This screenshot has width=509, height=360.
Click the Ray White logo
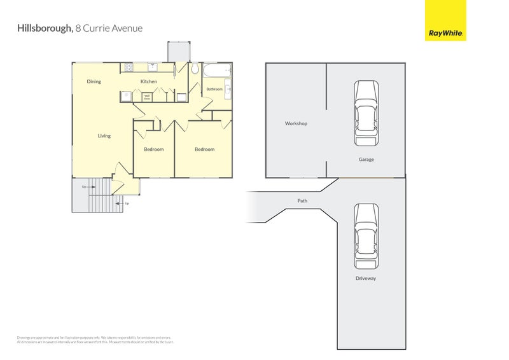point(445,20)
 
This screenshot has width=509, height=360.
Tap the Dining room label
point(94,81)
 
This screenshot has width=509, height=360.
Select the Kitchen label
point(148,81)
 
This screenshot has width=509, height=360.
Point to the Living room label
point(104,135)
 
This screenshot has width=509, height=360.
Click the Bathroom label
point(214,89)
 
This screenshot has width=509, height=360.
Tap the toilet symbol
point(195,69)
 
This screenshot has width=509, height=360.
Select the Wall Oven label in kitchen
point(146,97)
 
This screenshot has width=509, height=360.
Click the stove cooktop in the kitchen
point(128,67)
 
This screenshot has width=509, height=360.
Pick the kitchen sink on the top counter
point(153,67)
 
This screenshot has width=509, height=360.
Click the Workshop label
point(296,123)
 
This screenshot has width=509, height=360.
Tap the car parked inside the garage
point(366,113)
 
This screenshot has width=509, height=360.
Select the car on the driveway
point(366,236)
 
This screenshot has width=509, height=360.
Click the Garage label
point(366,160)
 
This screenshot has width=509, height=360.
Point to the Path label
point(302,201)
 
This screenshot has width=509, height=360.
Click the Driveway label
point(366,279)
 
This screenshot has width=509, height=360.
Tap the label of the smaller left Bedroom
point(153,149)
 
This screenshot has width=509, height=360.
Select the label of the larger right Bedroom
point(204,149)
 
